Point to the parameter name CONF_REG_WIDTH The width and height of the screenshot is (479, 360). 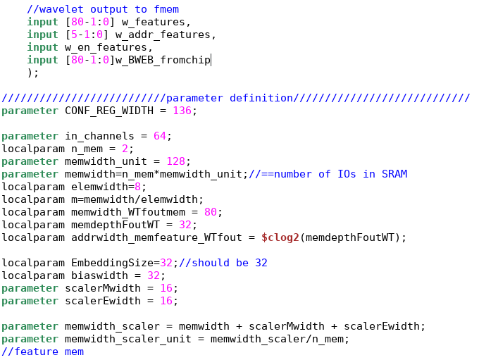[x=105, y=111]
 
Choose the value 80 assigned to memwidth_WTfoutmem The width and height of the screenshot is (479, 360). [x=215, y=212]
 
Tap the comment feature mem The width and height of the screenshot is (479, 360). [x=42, y=352]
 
